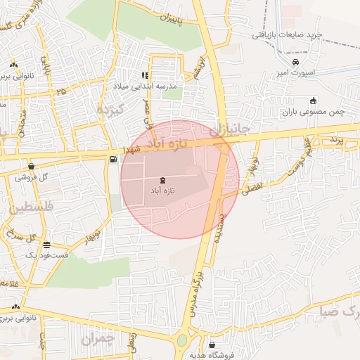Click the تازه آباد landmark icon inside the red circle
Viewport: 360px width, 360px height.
pos(163,180)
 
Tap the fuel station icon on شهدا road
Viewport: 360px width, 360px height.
pos(113,159)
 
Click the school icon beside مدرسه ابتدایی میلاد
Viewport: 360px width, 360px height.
pos(145,75)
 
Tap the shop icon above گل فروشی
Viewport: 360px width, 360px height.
pos(31,167)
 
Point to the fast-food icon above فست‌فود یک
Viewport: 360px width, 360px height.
pos(46,245)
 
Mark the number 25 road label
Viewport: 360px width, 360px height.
pos(62,91)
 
